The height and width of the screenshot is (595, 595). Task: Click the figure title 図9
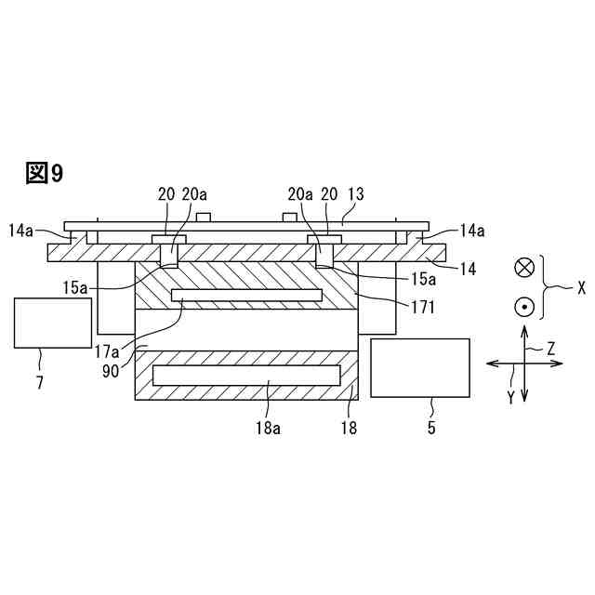coord(45,173)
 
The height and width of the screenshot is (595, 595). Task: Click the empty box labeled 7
coord(53,323)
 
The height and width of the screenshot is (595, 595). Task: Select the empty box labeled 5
coord(419,367)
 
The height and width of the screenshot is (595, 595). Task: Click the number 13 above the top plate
coord(355,194)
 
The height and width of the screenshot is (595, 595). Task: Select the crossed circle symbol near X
coord(524,268)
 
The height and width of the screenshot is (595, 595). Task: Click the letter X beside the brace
coord(581,288)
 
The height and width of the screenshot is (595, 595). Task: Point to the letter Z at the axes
coord(550,349)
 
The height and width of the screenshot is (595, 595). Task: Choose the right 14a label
coord(470,229)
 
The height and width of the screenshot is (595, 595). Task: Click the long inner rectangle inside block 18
coord(246,376)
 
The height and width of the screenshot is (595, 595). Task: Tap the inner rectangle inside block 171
coord(246,295)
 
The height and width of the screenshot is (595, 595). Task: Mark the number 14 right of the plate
coord(468,270)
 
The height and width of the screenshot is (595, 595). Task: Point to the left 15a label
coord(76,288)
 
